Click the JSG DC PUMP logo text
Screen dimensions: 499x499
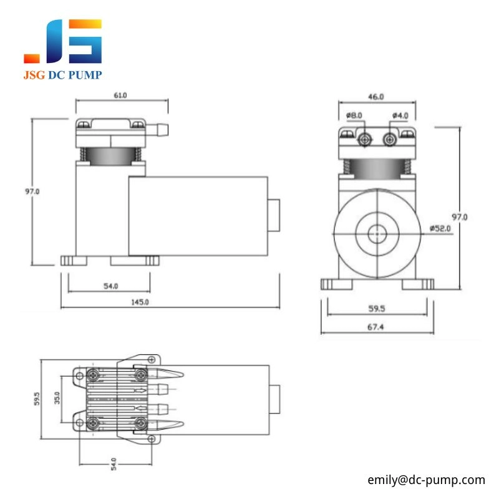(62, 75)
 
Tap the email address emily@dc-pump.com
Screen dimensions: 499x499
(426, 480)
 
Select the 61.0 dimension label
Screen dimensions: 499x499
(120, 95)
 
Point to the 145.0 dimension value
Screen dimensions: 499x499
(140, 302)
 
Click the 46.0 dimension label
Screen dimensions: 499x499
(376, 97)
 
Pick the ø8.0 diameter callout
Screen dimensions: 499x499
(354, 115)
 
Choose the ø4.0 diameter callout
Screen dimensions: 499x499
(400, 115)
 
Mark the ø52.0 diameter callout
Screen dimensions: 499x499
(440, 228)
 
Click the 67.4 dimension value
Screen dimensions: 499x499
(375, 327)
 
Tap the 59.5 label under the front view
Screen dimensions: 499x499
(377, 308)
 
